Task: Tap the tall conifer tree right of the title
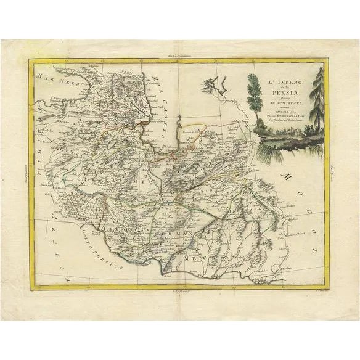click(x=317, y=99)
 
